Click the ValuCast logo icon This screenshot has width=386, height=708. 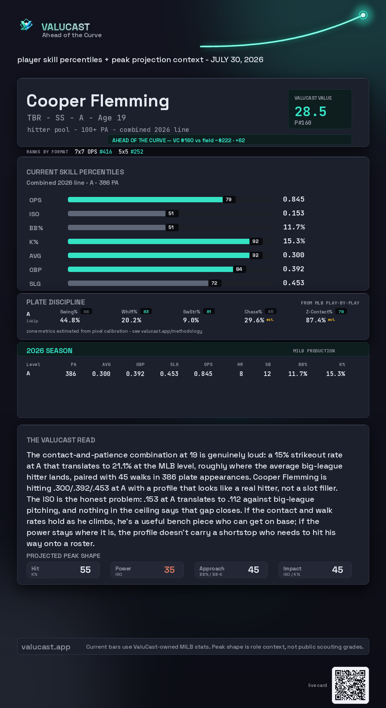[x=26, y=25]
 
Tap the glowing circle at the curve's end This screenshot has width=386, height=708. [x=363, y=15]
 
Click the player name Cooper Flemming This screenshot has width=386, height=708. [x=98, y=101]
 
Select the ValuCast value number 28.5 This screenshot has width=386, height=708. [x=311, y=112]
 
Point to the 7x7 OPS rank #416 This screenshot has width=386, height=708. [x=106, y=152]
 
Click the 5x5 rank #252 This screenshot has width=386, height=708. [x=137, y=152]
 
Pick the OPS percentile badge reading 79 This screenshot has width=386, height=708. [x=229, y=199]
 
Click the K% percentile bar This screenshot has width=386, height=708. [x=159, y=241]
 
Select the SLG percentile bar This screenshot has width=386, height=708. [x=138, y=283]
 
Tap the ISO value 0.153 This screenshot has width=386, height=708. [x=294, y=213]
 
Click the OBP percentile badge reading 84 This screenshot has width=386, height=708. [x=239, y=269]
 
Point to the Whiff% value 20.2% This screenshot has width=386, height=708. [x=131, y=320]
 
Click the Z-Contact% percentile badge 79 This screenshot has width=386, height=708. [x=341, y=312]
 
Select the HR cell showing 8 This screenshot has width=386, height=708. [x=241, y=374]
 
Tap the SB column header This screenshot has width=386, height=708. [x=268, y=365]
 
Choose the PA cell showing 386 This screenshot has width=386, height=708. [x=71, y=374]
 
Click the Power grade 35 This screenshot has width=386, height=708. [x=169, y=570]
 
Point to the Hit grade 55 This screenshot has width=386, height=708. [x=85, y=570]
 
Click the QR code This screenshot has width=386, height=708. [x=350, y=685]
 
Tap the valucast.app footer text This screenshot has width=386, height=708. [x=46, y=647]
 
